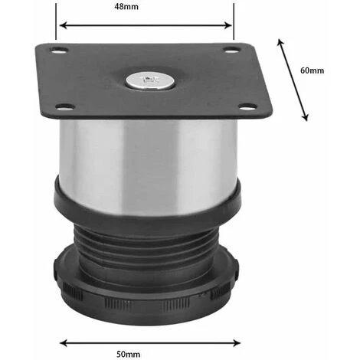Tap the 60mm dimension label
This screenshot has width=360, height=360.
(x=312, y=70)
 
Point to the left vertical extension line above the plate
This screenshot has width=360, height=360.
(x=57, y=23)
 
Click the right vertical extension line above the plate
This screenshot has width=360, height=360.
(x=232, y=23)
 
